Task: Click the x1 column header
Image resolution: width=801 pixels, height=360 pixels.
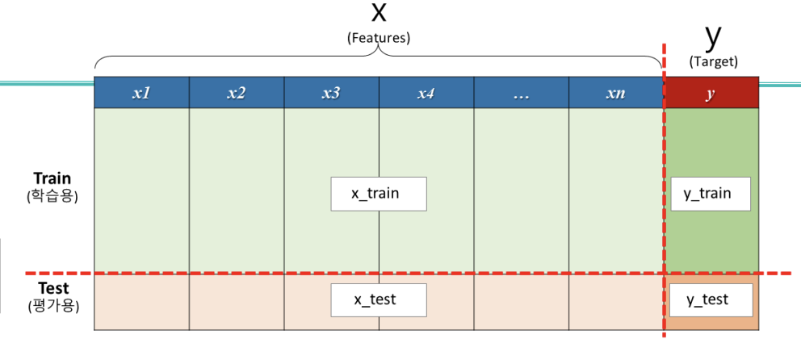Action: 141,93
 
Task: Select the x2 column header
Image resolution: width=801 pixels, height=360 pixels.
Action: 237,93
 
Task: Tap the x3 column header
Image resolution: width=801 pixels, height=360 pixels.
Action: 332,93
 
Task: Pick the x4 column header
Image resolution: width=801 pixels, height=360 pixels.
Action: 426,93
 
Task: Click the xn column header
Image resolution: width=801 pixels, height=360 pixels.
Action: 616,93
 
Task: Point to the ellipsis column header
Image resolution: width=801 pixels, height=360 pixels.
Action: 522,93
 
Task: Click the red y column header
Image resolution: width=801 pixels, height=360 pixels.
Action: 711,93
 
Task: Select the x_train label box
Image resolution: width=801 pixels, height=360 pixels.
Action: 379,194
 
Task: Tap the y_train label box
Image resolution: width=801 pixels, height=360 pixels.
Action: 711,194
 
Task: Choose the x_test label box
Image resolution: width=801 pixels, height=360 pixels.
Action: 379,299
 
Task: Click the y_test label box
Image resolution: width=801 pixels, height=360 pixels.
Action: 711,299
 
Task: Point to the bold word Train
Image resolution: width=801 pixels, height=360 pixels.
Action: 52,178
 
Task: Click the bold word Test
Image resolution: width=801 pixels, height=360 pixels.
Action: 53,288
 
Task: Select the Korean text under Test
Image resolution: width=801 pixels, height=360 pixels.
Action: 53,307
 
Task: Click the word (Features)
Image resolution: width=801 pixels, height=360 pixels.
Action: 379,38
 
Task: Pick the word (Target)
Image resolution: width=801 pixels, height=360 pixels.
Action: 714,62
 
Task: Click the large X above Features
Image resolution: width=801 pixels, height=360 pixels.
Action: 379,12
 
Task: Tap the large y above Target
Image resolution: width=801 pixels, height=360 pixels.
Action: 713,38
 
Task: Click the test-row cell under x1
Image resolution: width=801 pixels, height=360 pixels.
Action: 141,302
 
